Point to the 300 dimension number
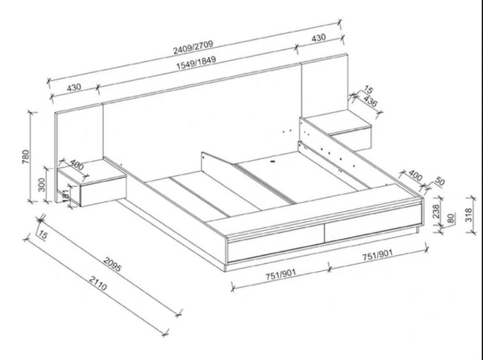pyautogui.click(x=42, y=184)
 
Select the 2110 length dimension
pyautogui.click(x=99, y=287)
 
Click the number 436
pyautogui.click(x=369, y=101)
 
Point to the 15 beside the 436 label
pyautogui.click(x=368, y=90)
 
